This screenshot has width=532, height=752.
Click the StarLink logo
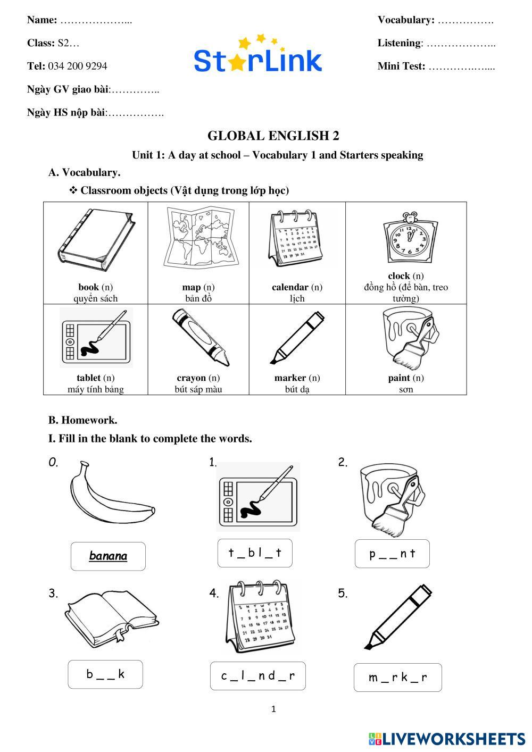[258, 56]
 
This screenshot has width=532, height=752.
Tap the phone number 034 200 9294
[77, 66]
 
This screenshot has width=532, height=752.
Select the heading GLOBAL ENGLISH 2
[273, 136]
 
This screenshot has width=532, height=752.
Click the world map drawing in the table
[198, 237]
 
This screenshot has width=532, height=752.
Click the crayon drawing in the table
[201, 337]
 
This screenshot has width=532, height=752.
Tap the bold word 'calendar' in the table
[290, 287]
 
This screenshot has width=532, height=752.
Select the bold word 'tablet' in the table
[88, 378]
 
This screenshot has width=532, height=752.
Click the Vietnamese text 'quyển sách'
[96, 298]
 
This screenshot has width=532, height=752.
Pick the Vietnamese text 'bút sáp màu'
[198, 389]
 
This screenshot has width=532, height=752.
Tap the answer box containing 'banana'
[108, 556]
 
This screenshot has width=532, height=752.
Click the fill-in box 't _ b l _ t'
[255, 553]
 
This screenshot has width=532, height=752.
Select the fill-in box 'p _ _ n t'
[392, 554]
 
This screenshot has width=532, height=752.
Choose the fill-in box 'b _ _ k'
[105, 674]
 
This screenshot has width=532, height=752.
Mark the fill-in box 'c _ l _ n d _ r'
[257, 676]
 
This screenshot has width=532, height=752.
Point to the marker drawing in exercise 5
[398, 617]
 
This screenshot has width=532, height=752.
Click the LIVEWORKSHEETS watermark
[447, 739]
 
